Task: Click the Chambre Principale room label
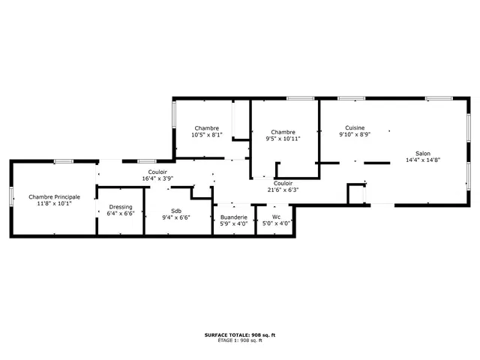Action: pyautogui.click(x=55, y=196)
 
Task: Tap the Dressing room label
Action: pyautogui.click(x=121, y=207)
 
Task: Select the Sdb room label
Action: pyautogui.click(x=176, y=211)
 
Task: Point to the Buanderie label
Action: pyautogui.click(x=234, y=217)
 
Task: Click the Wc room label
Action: pyautogui.click(x=276, y=217)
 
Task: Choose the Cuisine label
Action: pyautogui.click(x=355, y=127)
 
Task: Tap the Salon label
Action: pyautogui.click(x=423, y=153)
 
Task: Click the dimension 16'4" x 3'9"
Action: pyautogui.click(x=157, y=178)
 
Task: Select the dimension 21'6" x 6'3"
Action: pyautogui.click(x=283, y=190)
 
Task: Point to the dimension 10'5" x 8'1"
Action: pyautogui.click(x=207, y=135)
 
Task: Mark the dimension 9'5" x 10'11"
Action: pyautogui.click(x=283, y=139)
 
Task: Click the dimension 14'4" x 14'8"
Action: pyautogui.click(x=423, y=160)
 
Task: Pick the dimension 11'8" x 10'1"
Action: pyautogui.click(x=55, y=203)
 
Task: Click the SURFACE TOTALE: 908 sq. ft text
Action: pyautogui.click(x=240, y=335)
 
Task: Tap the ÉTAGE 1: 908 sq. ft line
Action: pyautogui.click(x=240, y=340)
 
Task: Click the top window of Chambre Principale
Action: pyautogui.click(x=64, y=161)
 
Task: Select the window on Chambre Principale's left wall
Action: pyautogui.click(x=11, y=196)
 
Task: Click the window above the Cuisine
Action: pyautogui.click(x=352, y=98)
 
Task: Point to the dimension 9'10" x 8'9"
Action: pyautogui.click(x=355, y=134)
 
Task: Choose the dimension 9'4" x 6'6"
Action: pyautogui.click(x=176, y=217)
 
